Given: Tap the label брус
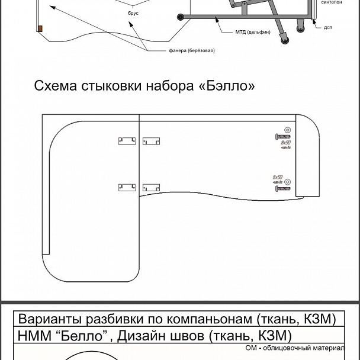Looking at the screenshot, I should point(133,20).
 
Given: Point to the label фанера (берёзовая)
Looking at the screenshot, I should point(192,51).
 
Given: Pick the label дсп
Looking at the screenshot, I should point(327,27).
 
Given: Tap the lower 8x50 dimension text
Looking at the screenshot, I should point(278,177).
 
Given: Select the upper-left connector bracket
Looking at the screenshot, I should point(127,141).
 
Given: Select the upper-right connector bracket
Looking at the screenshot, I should point(151,141).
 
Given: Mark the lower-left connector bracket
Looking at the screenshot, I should point(127,187).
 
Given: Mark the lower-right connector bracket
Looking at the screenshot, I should point(151,187).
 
